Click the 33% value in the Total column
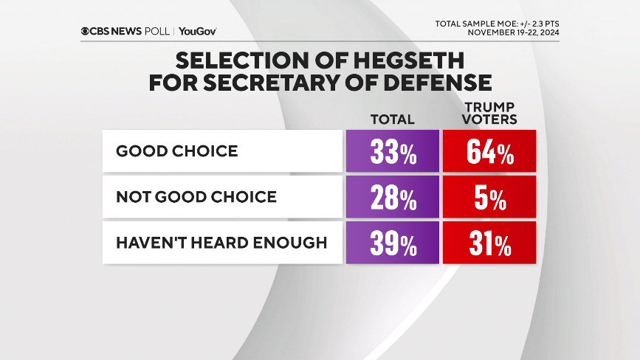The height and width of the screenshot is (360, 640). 392,152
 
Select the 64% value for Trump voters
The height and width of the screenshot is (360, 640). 489,152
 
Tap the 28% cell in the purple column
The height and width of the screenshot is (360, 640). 392,197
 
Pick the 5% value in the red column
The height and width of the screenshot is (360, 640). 489,197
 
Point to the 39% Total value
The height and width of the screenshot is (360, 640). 392,243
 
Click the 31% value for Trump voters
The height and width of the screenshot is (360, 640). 489,243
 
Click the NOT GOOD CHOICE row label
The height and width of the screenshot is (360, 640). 196,197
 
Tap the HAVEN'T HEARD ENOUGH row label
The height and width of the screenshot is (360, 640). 221,243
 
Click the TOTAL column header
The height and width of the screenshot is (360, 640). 392,119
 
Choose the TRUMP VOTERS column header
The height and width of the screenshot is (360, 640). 489,112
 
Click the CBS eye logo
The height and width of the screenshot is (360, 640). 86,31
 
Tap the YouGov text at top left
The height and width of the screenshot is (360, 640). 197,31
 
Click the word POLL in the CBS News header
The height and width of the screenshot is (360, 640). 156,31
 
